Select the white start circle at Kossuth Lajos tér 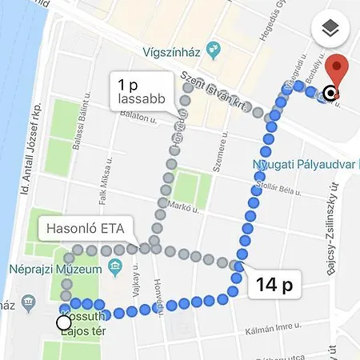pos(64,322)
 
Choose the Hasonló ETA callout pos(84,228)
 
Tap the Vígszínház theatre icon pos(213,50)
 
